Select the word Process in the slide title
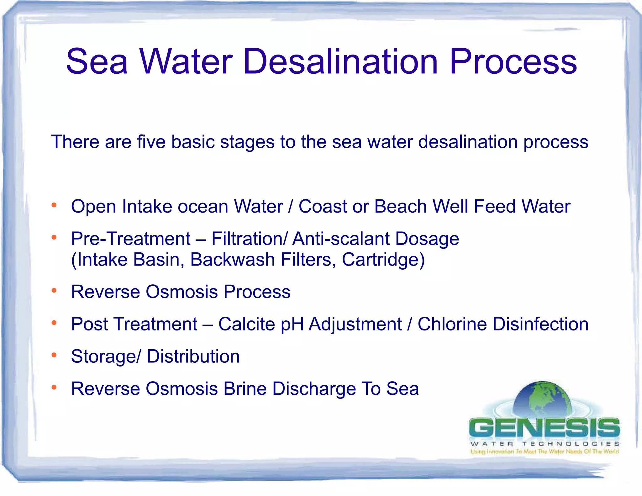click(x=513, y=62)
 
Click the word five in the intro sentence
click(x=151, y=142)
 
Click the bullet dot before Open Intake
click(x=54, y=205)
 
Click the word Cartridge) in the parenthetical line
click(x=383, y=260)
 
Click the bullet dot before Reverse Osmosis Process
click(x=54, y=291)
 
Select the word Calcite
click(x=246, y=324)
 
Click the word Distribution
click(x=193, y=356)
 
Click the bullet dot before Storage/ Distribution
click(x=54, y=355)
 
